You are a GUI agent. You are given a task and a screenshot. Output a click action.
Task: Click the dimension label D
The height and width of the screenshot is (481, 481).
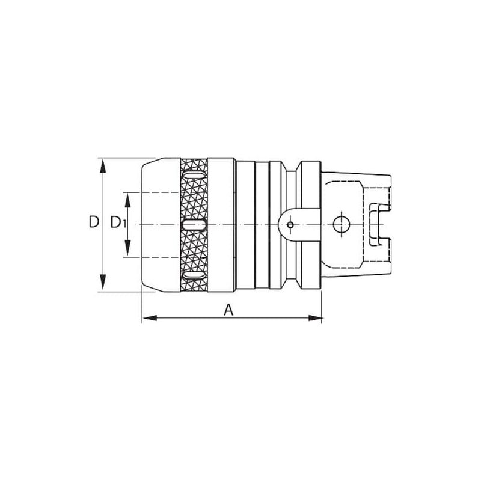pos(93,223)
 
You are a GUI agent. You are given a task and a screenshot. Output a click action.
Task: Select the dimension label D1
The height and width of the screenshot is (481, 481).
pos(118,223)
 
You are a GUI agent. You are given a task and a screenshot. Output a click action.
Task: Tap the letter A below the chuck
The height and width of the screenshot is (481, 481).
pos(228,310)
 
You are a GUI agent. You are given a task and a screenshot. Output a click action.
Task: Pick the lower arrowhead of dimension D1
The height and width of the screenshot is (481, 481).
pos(127,251)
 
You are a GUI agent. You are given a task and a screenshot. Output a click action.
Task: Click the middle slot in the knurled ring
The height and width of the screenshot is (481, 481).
pos(194,225)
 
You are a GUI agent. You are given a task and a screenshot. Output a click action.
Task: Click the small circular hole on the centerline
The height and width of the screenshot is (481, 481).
pos(290,225)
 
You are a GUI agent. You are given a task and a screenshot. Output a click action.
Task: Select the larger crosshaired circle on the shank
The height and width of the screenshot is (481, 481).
pos(340,225)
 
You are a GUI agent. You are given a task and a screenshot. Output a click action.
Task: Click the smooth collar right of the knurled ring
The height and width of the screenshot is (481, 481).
pos(221,225)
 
